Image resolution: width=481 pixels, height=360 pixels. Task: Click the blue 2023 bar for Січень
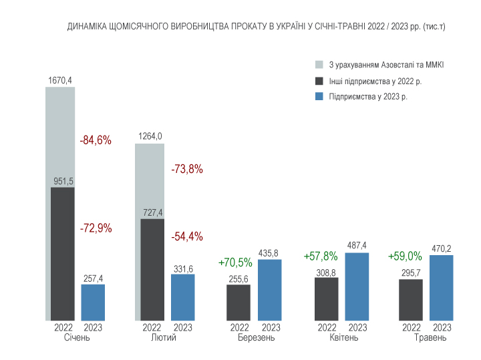click(x=93, y=302)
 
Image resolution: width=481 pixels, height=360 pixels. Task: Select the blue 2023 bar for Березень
click(x=269, y=290)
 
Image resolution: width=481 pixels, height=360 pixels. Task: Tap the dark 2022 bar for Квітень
click(x=326, y=299)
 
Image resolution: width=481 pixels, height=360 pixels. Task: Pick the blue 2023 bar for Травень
click(x=441, y=287)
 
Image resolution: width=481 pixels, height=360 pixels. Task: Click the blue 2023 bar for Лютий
click(x=182, y=297)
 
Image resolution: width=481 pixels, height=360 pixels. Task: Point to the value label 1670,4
click(x=60, y=80)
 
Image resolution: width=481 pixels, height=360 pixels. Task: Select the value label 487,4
click(x=357, y=245)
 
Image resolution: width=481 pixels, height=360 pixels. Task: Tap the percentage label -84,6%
click(x=96, y=140)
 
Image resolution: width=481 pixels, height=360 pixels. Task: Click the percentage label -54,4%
click(x=187, y=236)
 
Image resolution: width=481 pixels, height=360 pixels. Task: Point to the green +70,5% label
click(x=235, y=262)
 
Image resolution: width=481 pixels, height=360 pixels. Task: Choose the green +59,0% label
click(x=405, y=256)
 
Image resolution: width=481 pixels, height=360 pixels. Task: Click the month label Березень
click(x=256, y=338)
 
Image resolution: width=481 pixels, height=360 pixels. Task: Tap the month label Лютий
click(x=164, y=338)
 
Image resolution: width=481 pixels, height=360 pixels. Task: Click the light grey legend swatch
click(x=319, y=65)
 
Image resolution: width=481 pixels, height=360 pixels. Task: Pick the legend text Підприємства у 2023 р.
click(x=368, y=97)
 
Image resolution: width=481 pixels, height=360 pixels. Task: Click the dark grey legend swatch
click(x=319, y=81)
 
